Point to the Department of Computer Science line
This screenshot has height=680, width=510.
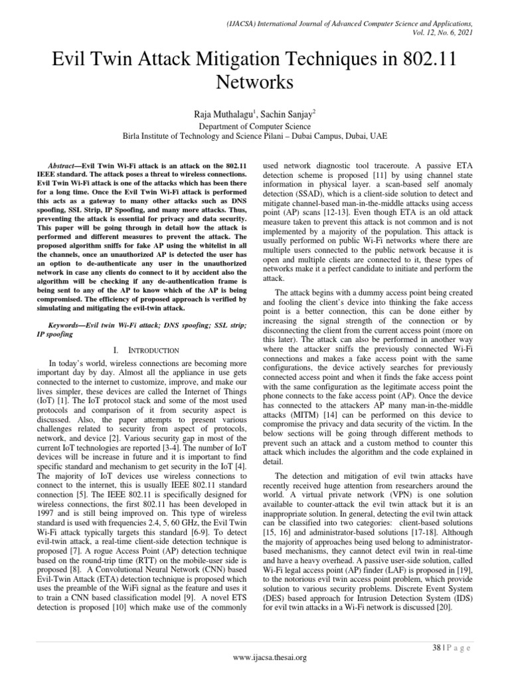coord(255,125)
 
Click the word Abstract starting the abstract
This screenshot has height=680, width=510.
coord(66,163)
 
